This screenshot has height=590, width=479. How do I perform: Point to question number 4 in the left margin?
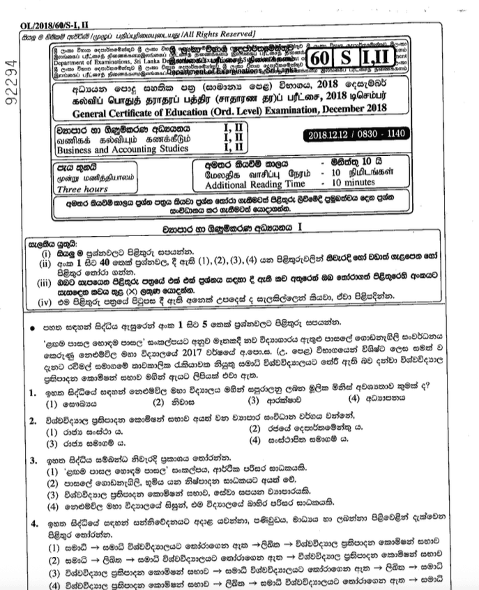click(33, 523)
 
